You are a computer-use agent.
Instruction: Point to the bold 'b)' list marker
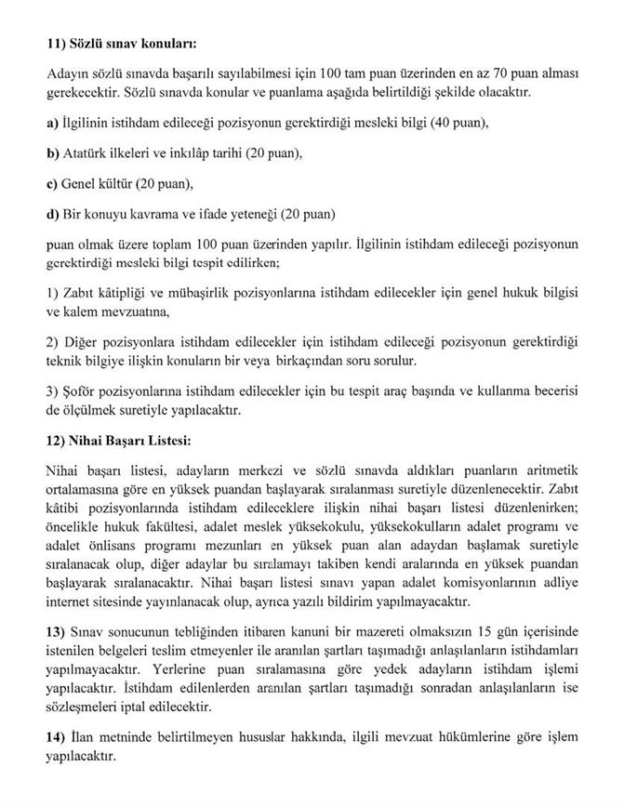click(x=52, y=152)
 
